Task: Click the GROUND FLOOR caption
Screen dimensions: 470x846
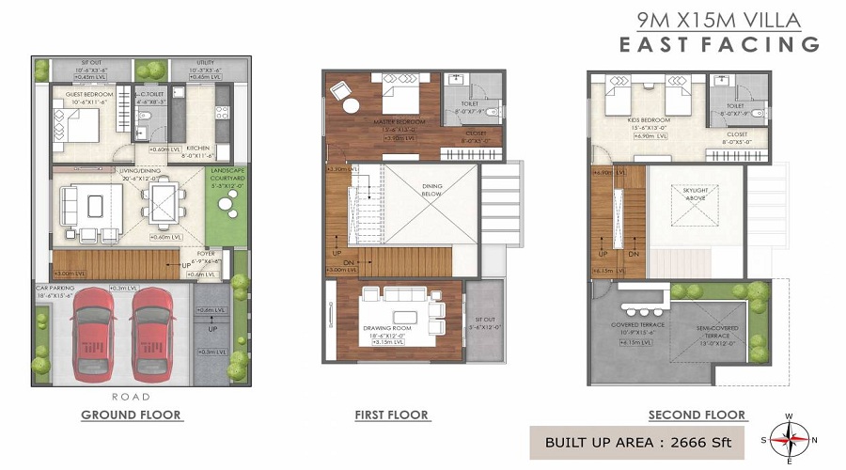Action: (132, 415)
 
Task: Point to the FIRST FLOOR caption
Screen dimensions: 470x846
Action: (391, 415)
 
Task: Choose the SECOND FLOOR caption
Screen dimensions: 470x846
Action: (697, 415)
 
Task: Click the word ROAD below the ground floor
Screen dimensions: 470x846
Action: (131, 397)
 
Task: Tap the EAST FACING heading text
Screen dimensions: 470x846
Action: (719, 43)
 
